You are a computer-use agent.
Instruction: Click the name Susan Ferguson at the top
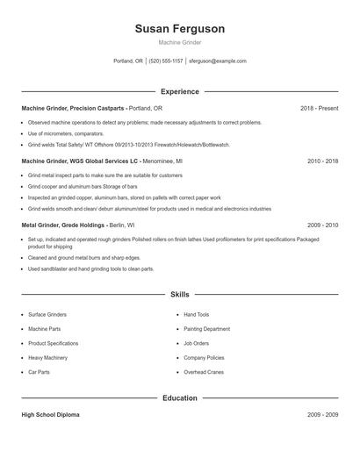pos(180,29)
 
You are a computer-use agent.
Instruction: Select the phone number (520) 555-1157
pos(166,61)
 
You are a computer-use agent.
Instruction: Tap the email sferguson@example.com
pos(219,61)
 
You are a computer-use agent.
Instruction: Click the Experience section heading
pos(180,91)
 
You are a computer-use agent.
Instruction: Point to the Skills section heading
pos(180,295)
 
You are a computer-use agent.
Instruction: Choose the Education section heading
pos(180,398)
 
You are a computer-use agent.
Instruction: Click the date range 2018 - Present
pos(319,109)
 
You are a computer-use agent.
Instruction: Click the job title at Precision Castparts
pos(74,109)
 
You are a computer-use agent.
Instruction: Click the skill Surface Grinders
pos(48,313)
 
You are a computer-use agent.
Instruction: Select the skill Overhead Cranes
pos(204,373)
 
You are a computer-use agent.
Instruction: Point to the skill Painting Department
pos(206,328)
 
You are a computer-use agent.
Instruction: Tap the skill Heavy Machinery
pos(47,358)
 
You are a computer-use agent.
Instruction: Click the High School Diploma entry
pos(50,414)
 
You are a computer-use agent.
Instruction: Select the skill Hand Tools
pos(197,313)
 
